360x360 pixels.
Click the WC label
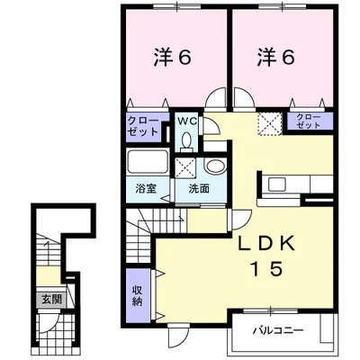coord(187,121)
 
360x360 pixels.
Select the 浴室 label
coord(146,189)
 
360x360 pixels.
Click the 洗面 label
coord(199,189)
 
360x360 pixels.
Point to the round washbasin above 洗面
coord(215,166)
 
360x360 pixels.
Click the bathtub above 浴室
coord(147,162)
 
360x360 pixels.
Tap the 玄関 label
coord(52,299)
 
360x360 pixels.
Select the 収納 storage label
coord(138,295)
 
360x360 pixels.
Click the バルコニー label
coord(278,330)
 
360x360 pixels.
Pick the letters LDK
coord(267,245)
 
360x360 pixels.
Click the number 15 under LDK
coord(267,268)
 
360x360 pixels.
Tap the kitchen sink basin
coord(276,184)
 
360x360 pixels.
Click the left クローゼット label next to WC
coord(143,127)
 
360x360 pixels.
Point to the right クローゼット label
coord(309,121)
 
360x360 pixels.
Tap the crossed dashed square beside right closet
coord(270,124)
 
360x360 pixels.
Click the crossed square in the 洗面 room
coord(185,168)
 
